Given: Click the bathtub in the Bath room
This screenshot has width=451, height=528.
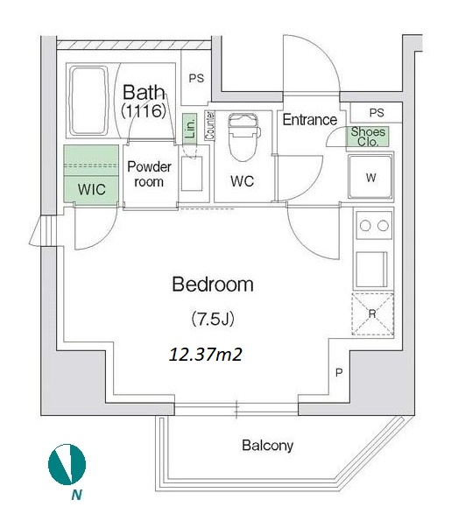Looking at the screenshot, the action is [88, 101].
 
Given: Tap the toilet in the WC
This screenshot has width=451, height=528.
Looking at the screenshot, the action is [243, 137].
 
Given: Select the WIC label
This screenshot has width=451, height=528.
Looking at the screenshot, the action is [91, 189].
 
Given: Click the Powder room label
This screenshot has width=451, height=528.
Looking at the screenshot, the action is [149, 174].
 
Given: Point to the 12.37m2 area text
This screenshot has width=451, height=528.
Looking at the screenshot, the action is [206, 355].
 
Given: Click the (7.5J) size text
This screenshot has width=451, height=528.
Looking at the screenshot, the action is [213, 319].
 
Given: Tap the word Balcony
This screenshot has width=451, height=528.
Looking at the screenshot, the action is [267, 446].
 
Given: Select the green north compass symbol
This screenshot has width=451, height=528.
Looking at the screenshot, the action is [67, 464].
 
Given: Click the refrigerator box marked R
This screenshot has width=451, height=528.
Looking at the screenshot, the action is [372, 314].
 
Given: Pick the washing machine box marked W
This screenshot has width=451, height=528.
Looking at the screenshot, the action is [370, 176].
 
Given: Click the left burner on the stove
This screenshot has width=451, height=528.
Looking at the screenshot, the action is [365, 226].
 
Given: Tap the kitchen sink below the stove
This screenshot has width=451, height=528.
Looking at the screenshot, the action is [372, 269].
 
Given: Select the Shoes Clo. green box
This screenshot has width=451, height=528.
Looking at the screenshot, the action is [368, 137].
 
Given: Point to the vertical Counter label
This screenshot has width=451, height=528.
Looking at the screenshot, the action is [210, 125].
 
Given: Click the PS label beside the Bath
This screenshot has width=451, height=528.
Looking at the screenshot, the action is [196, 79].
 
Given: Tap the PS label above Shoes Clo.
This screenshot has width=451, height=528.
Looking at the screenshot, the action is [377, 112].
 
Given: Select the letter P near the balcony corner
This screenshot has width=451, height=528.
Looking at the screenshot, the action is [339, 373].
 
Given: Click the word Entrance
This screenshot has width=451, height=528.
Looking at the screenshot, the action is [309, 120].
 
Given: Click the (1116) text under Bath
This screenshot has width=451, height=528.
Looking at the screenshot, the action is [144, 111].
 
